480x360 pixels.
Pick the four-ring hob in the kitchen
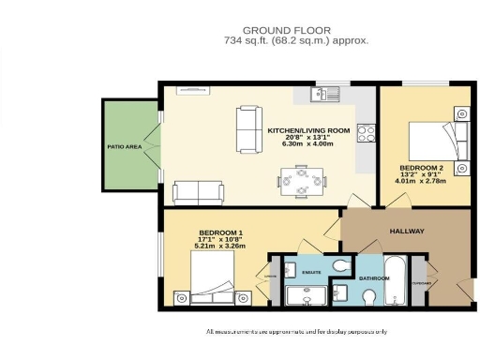[x=367, y=133]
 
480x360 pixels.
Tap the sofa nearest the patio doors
[x=198, y=193]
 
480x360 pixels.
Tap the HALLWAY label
[x=407, y=231]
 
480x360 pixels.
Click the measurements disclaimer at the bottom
[x=296, y=332]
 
